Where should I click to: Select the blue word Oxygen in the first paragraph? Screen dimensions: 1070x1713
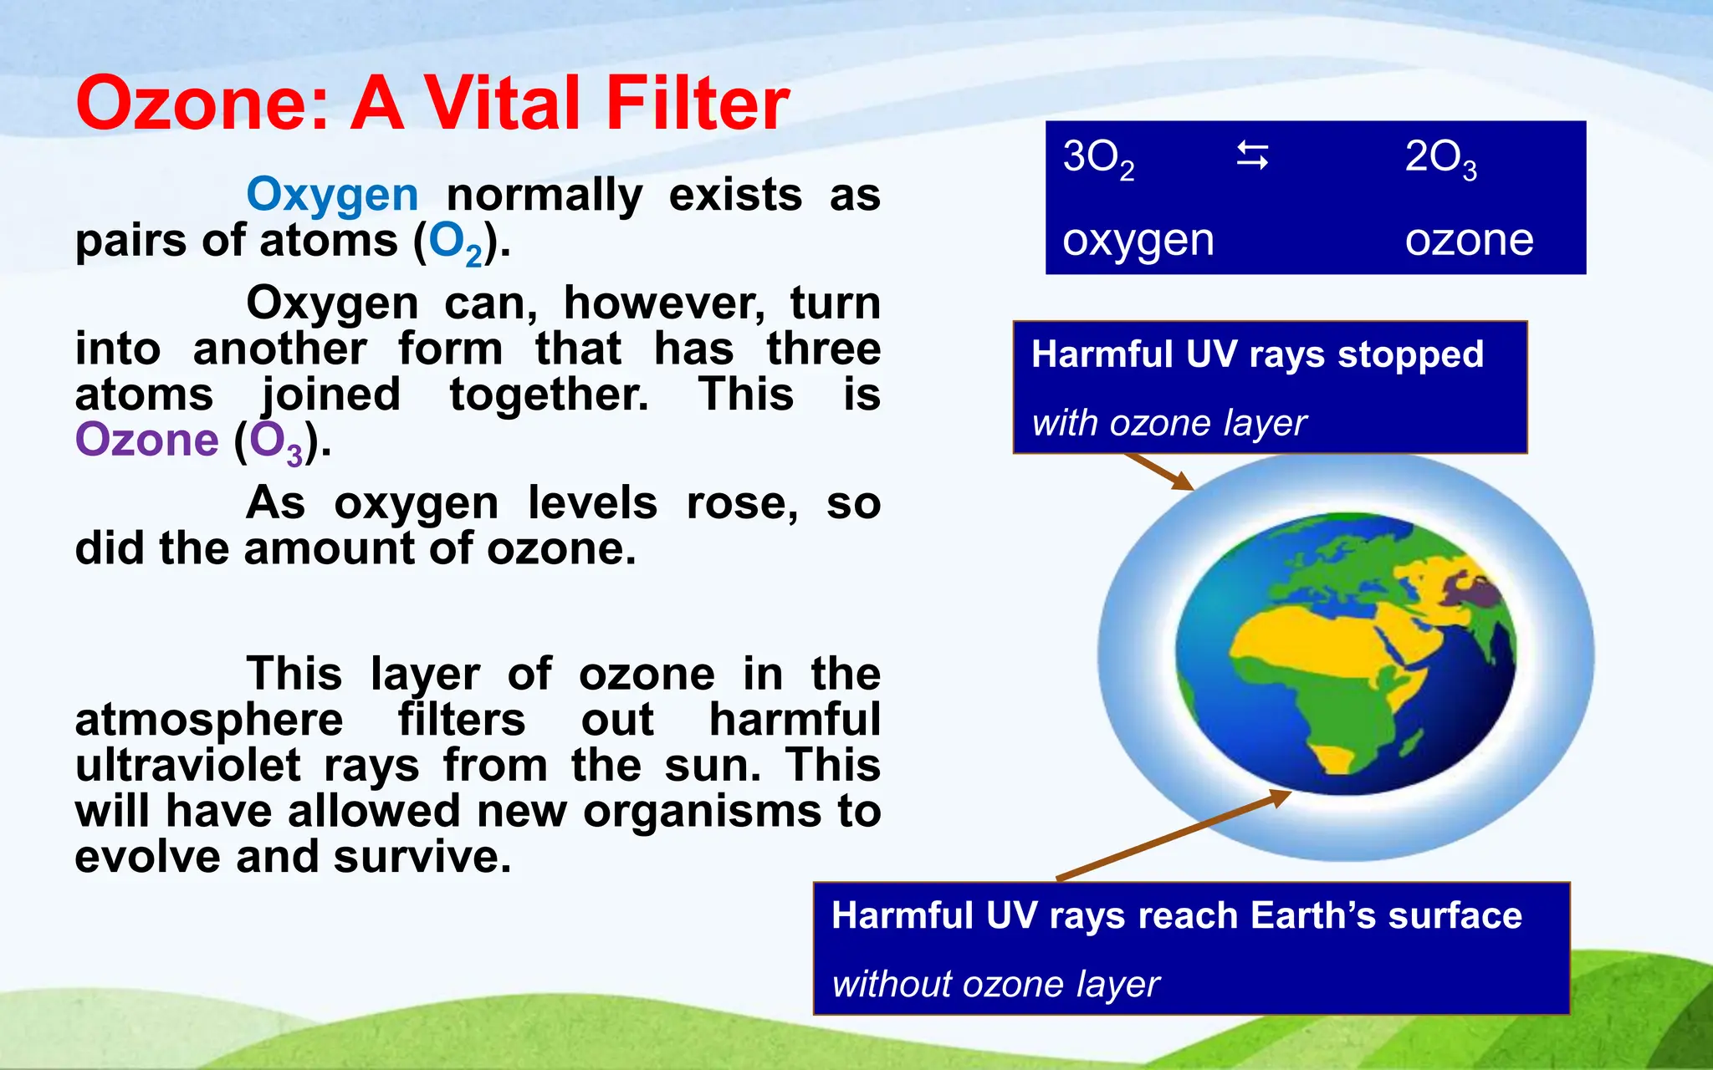pos(332,196)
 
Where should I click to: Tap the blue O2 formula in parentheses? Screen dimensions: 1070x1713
pos(456,242)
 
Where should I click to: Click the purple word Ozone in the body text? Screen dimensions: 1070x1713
pos(146,440)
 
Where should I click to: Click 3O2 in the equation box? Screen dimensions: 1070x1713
pos(1097,158)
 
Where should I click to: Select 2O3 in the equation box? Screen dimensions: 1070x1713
pos(1440,158)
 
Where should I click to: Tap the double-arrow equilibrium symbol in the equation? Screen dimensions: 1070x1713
pos(1252,155)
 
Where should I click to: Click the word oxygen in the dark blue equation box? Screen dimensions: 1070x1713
pos(1138,241)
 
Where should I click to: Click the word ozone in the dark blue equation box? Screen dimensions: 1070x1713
pos(1469,241)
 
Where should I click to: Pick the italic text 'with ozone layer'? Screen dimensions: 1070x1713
pos(1168,423)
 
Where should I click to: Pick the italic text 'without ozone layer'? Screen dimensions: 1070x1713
pos(995,984)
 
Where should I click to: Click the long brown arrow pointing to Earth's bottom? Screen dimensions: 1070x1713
pos(1171,836)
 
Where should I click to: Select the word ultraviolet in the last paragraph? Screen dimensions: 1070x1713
pos(187,766)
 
